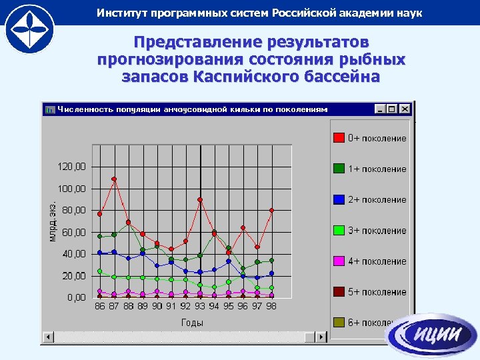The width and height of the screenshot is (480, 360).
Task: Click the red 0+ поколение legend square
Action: (x=339, y=138)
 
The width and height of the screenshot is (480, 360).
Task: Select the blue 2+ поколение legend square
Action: (x=339, y=199)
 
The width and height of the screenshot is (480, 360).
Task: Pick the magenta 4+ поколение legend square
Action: (x=339, y=261)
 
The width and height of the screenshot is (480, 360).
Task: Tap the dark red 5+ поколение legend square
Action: (x=339, y=292)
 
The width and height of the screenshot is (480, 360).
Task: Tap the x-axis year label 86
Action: (x=100, y=306)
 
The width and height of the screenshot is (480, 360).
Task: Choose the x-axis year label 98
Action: (x=271, y=306)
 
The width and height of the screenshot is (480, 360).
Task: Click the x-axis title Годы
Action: (x=192, y=323)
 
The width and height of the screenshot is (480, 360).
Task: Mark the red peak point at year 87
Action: (x=114, y=179)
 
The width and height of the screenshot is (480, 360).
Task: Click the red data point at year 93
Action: (x=200, y=199)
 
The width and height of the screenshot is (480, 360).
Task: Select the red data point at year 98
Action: (x=271, y=211)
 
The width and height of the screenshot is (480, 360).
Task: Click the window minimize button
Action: (x=380, y=109)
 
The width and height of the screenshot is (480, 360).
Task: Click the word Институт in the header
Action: (x=122, y=13)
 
